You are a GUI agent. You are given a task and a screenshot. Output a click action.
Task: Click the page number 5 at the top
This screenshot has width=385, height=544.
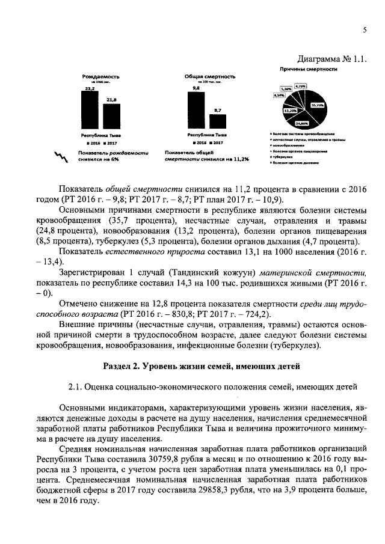365,31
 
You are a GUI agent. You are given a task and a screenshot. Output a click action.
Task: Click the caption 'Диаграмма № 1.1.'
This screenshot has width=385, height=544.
332,59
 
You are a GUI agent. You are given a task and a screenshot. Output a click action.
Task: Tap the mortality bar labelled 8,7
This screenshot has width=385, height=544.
218,121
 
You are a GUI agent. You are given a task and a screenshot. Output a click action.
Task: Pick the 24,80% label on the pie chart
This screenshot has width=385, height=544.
302,123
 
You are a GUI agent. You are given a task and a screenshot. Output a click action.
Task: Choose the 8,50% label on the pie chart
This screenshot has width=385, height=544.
279,95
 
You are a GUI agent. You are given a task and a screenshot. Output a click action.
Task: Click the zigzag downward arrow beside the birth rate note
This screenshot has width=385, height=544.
60,157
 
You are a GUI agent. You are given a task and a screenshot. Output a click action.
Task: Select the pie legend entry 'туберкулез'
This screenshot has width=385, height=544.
284,156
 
